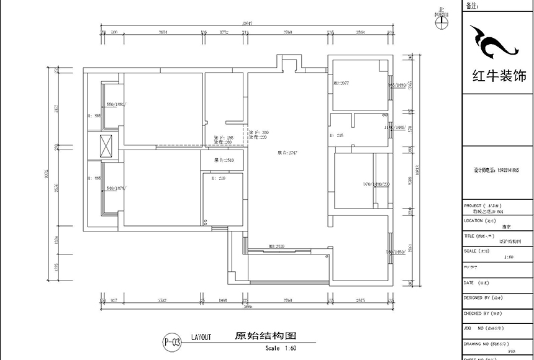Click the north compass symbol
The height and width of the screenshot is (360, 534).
[441, 18]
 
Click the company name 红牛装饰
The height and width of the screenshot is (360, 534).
[499, 77]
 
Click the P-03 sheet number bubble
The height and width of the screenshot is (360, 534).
[172, 341]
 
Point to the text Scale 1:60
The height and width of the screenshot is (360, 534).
[281, 348]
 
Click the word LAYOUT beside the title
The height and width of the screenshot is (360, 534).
[201, 337]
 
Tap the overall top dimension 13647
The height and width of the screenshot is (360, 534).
[246, 23]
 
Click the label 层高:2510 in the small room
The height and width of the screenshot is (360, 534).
[224, 160]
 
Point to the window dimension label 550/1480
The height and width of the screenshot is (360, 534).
[115, 104]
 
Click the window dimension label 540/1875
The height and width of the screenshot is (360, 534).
[116, 187]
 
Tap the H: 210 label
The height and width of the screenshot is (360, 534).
[218, 178]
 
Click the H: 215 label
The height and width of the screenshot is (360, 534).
[339, 135]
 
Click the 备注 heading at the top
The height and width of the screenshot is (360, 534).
[472, 6]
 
